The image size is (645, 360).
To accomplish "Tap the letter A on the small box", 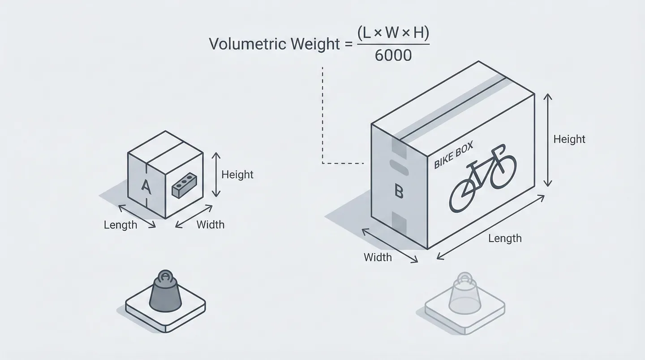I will tap(146, 186).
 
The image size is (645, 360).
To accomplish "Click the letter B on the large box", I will tap(399, 192).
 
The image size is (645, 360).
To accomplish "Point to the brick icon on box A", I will tap(184, 186).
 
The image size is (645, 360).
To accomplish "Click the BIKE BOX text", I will tap(453, 158).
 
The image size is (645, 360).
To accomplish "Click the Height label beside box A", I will tap(237, 175).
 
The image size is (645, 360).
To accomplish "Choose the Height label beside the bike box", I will tap(569, 139).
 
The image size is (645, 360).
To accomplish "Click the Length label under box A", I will tap(120, 225).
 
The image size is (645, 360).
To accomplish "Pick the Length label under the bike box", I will tap(505, 239).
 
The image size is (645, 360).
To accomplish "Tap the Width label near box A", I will tap(211, 224).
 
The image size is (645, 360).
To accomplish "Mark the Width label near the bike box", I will tap(378, 257).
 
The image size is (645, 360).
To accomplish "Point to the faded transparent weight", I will tap(464, 293).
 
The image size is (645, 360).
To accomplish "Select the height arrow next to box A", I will tap(216, 175).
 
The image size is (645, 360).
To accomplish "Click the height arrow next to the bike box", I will tap(547, 140).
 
